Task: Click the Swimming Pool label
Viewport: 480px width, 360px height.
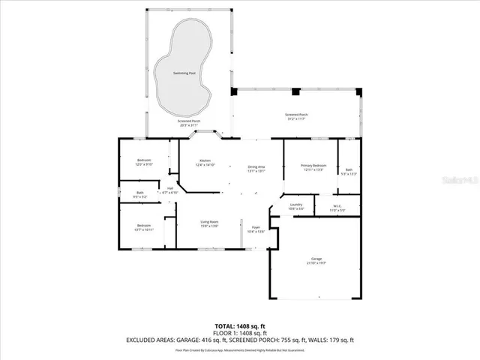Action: pyautogui.click(x=184, y=73)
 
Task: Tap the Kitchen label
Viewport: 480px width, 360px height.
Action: pyautogui.click(x=205, y=161)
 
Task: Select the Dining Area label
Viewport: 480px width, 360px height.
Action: pyautogui.click(x=256, y=166)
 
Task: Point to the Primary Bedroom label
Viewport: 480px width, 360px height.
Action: pyautogui.click(x=313, y=166)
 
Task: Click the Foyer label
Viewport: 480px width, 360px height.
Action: pyautogui.click(x=256, y=229)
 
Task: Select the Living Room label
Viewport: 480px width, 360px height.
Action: pyautogui.click(x=209, y=223)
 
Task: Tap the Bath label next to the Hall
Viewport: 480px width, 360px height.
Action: pyautogui.click(x=140, y=194)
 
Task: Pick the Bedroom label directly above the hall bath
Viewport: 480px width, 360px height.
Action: pyautogui.click(x=144, y=161)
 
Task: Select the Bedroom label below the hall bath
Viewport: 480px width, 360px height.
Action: pyautogui.click(x=143, y=226)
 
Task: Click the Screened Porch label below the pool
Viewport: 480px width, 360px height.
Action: pyautogui.click(x=188, y=122)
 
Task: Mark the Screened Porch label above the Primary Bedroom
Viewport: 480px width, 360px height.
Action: pyautogui.click(x=298, y=115)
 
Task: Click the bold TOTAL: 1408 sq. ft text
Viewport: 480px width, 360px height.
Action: pyautogui.click(x=239, y=326)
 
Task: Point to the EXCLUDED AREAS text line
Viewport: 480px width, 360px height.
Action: pyautogui.click(x=239, y=340)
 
